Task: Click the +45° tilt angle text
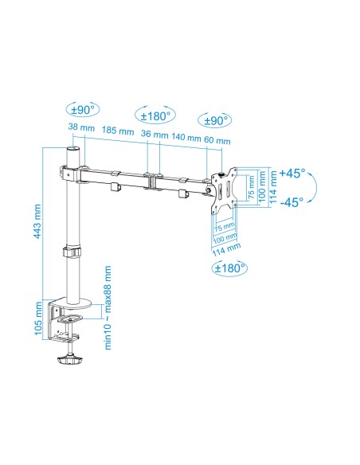pyautogui.click(x=293, y=172)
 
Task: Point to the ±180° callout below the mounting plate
pyautogui.click(x=230, y=268)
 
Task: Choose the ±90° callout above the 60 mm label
pyautogui.click(x=215, y=120)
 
